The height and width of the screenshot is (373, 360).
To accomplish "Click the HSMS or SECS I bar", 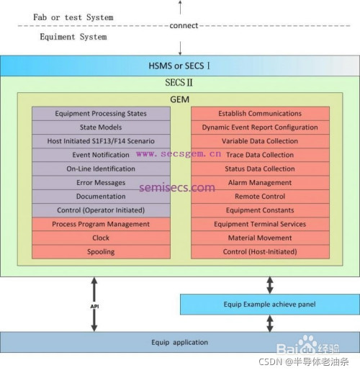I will tap(179, 66).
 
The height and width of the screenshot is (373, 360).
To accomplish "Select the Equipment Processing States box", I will tap(100, 114).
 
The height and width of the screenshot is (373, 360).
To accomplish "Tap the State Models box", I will tap(100, 127).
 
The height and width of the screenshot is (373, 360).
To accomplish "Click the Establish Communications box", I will tap(260, 114).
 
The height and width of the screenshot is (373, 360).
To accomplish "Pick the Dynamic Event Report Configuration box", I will tap(260, 127).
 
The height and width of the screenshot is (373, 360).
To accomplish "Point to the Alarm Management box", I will tap(260, 183).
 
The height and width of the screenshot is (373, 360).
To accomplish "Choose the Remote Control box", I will tap(260, 197).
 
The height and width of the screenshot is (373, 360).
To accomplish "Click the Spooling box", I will tap(100, 252).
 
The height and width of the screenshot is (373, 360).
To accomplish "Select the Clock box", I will tap(100, 238).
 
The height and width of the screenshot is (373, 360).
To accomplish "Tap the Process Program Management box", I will tap(100, 225).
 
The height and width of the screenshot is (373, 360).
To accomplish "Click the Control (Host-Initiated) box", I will tap(260, 252).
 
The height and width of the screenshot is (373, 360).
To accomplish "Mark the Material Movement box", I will tap(260, 238).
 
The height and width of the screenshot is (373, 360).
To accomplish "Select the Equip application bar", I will tap(179, 342).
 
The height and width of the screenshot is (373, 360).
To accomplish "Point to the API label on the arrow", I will tap(94, 305).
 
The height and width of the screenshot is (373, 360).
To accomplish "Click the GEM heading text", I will tap(179, 98).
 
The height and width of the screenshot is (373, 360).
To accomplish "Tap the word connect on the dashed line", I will tap(183, 26).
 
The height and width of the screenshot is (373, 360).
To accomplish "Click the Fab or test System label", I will tap(73, 17).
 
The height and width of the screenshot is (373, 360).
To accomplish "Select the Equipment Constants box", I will tap(260, 210).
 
